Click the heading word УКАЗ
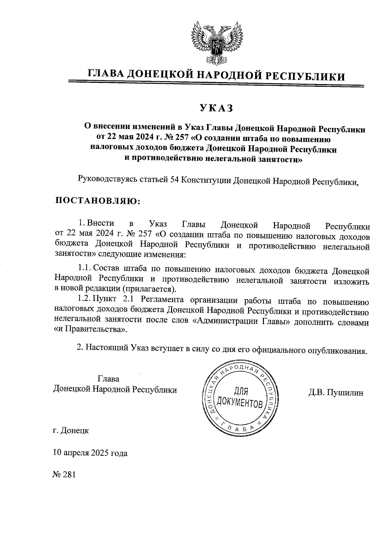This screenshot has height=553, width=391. pyautogui.click(x=217, y=108)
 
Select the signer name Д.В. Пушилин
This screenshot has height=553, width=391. pyautogui.click(x=336, y=393)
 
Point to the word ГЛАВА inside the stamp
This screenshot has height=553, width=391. pyautogui.click(x=240, y=430)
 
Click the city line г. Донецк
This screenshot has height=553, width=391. pyautogui.click(x=71, y=431)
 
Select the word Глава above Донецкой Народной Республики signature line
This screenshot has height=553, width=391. pyautogui.click(x=109, y=379)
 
